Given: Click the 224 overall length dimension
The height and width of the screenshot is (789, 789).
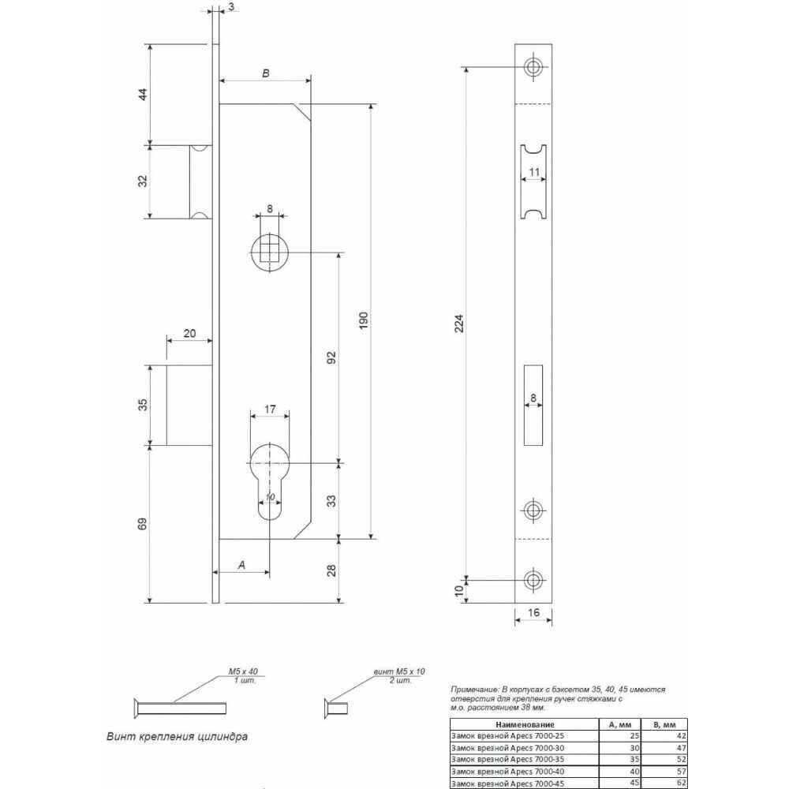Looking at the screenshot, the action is tap(459, 323).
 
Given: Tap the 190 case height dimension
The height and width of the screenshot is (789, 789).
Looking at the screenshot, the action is tap(364, 320).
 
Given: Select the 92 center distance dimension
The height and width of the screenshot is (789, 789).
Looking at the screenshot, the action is tap(331, 357).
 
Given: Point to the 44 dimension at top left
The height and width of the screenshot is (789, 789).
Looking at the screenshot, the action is tap(144, 94).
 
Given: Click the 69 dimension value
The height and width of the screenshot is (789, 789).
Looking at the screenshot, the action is tap(143, 523).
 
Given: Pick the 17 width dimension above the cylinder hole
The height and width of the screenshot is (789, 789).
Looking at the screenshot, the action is tap(270, 409).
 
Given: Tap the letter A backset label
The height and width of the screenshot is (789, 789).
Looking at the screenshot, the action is tap(241, 565).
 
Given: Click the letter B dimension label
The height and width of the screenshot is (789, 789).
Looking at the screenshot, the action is tap(266, 73).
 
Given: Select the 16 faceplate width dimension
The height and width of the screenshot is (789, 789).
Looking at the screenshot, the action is tap(533, 612).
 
